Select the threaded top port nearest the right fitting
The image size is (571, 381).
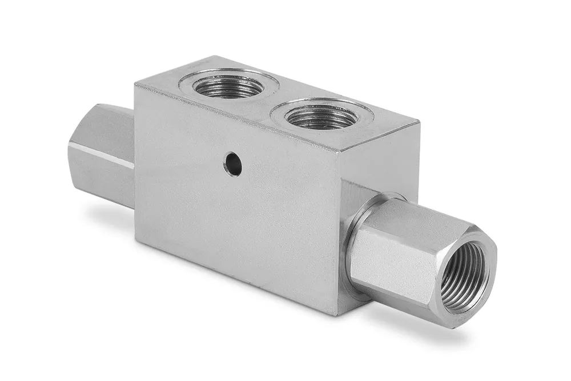(321, 116)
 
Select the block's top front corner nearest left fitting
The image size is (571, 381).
(135, 85)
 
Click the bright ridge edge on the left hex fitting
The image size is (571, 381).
(100, 155)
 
